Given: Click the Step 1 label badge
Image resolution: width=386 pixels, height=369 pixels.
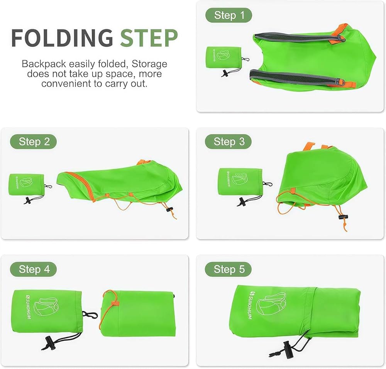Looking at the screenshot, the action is (229, 15).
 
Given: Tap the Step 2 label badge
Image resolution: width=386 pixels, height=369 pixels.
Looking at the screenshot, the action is (34, 142).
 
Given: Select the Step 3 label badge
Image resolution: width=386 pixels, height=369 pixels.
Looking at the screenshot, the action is (229, 142).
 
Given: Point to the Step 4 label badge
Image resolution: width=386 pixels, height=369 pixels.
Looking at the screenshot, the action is (34, 269).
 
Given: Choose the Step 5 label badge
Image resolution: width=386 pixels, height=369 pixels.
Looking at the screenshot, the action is (229, 269).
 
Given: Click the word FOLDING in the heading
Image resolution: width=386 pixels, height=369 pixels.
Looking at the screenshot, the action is (62, 38).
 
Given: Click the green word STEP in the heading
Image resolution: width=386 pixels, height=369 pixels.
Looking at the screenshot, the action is (149, 38).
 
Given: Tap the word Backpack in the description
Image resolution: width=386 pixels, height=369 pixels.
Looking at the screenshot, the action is (44, 64).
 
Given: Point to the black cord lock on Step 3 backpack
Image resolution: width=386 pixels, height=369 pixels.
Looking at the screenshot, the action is (343, 217).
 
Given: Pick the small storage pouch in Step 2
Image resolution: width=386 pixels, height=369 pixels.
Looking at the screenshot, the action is (26, 184).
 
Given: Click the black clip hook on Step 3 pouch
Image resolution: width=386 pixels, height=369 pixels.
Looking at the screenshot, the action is (267, 184).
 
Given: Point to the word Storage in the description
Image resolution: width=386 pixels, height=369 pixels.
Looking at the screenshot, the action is (149, 64).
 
